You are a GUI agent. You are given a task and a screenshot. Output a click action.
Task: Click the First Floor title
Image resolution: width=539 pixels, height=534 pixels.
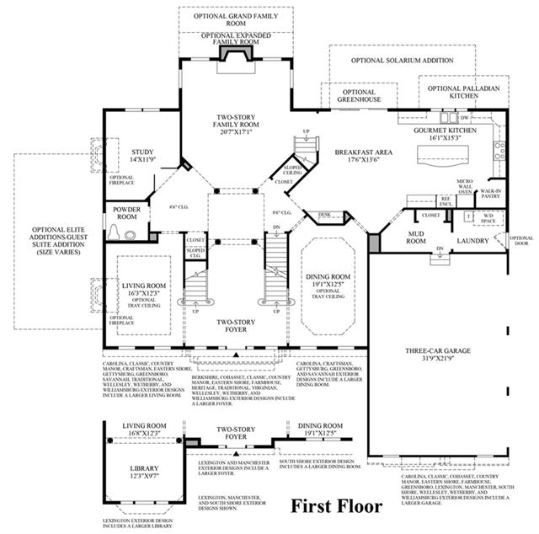[336, 507]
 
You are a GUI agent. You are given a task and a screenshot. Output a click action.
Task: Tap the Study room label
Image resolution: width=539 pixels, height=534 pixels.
[141, 154]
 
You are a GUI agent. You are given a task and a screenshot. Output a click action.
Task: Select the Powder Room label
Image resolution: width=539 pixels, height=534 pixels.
[120, 213]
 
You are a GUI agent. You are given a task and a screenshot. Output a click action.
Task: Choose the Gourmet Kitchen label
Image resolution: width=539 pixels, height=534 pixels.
[445, 135]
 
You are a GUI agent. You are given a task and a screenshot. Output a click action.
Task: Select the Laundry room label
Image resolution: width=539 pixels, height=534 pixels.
[472, 241]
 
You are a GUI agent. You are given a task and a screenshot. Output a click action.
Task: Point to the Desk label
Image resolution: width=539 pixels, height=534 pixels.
[325, 215]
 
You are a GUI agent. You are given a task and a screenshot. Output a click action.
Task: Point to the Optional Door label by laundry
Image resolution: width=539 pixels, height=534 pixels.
[521, 242]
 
